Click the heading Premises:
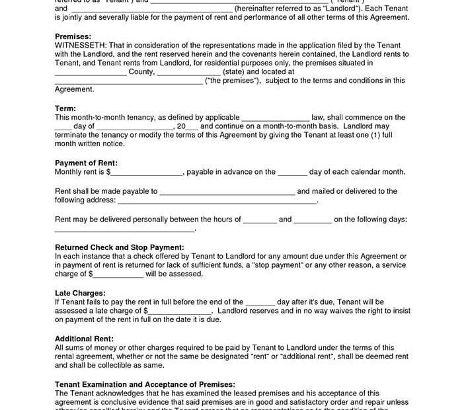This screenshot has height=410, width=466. pos(73,36)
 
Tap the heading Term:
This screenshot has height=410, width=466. pos(65,108)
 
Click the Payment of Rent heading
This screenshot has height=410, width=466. pos(86,163)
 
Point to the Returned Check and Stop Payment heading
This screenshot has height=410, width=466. pos(119,247)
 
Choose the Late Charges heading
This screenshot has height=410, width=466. pos(80,293)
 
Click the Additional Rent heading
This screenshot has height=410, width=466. pos(84,339)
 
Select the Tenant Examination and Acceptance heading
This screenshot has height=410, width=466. pos(145,384)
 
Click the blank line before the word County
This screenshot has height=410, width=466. pos(90,73)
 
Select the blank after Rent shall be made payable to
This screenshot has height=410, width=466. pos(227,192)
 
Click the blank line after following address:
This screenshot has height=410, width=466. pos(217,201)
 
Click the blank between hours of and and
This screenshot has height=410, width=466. pos(260,220)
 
